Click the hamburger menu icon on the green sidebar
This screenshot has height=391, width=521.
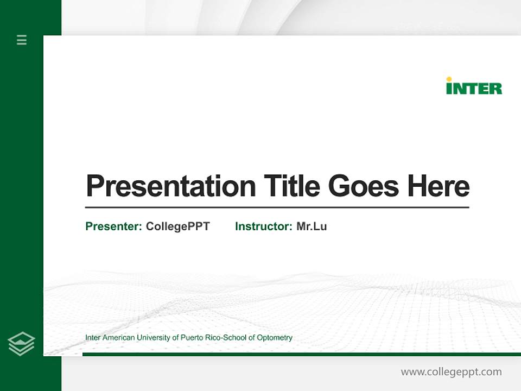pyautogui.click(x=22, y=40)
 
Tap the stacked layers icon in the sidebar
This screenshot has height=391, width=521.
pyautogui.click(x=21, y=344)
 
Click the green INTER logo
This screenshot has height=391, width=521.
pyautogui.click(x=474, y=88)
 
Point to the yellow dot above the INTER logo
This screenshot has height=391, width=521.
pyautogui.click(x=449, y=79)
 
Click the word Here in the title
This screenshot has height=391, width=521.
pyautogui.click(x=438, y=186)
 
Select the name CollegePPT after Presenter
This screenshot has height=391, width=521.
pyautogui.click(x=177, y=226)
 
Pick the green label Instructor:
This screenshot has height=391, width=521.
pyautogui.click(x=264, y=226)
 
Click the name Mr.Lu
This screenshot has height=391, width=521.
pyautogui.click(x=312, y=226)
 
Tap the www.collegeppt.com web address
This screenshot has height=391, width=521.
pyautogui.click(x=451, y=372)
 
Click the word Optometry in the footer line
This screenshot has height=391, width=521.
pyautogui.click(x=275, y=338)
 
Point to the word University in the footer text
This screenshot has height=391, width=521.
pyautogui.click(x=153, y=338)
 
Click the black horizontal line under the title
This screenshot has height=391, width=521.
pyautogui.click(x=277, y=207)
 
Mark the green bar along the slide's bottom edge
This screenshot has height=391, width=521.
pyautogui.click(x=301, y=354)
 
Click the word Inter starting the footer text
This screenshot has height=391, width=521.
pyautogui.click(x=93, y=338)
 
